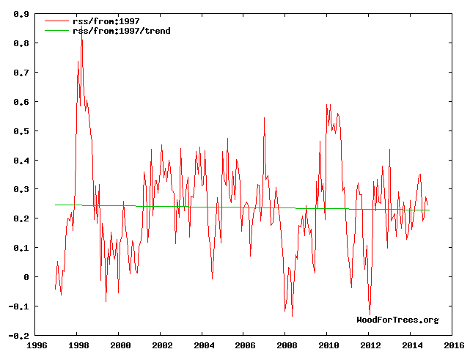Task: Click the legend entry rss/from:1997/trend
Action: click(x=121, y=31)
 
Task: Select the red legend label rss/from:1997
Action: click(x=104, y=21)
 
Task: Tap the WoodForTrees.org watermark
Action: click(x=397, y=320)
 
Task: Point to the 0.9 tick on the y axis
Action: click(x=21, y=14)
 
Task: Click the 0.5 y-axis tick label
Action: click(x=21, y=131)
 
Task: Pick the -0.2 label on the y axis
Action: click(x=19, y=336)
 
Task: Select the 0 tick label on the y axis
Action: click(x=26, y=277)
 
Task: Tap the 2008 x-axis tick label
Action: click(x=287, y=345)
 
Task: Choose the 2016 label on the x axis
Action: click(x=453, y=345)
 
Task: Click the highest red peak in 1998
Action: click(x=81, y=37)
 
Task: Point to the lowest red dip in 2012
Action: click(x=370, y=315)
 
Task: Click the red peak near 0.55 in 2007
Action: click(x=265, y=118)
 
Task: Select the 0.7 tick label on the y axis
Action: click(x=21, y=73)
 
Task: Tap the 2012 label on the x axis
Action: click(x=370, y=345)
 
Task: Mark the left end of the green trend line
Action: click(x=56, y=205)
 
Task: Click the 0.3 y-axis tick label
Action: click(x=21, y=189)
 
